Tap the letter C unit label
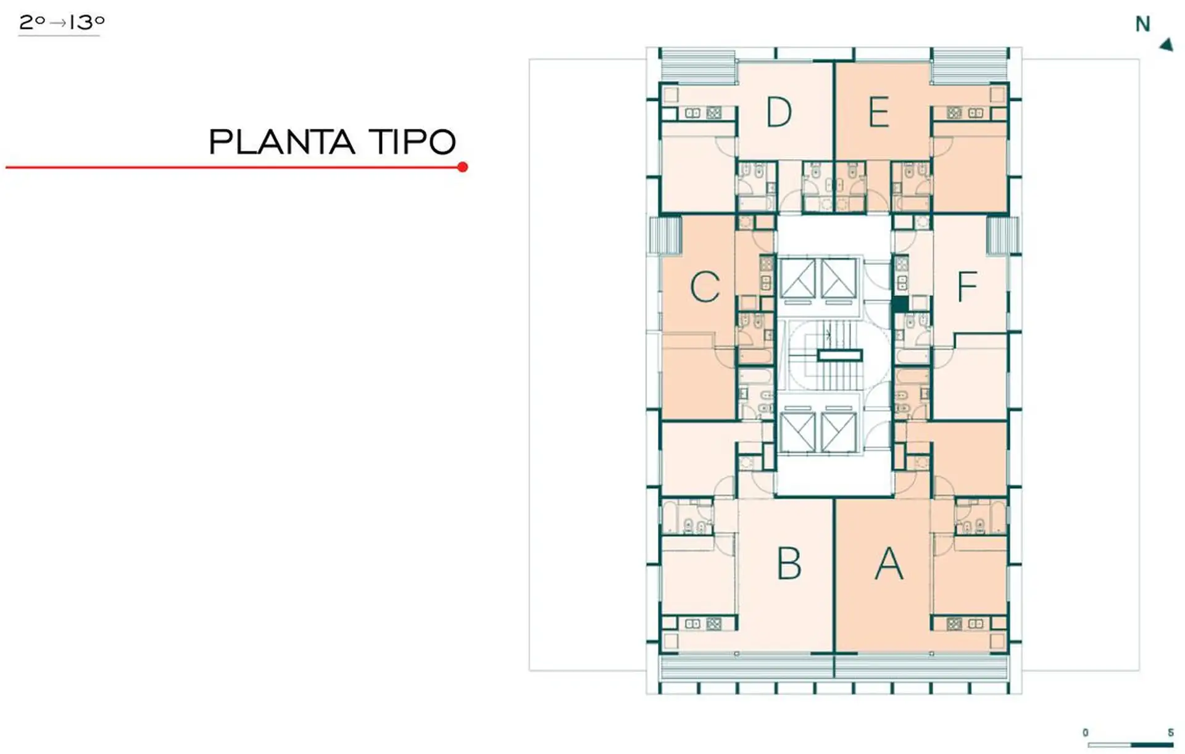[705, 287]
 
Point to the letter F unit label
[967, 287]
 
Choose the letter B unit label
[789, 564]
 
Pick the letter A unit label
[889, 564]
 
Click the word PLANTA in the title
[281, 142]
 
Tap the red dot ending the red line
[462, 167]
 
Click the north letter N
[1142, 24]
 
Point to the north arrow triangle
[1166, 44]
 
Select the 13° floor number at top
[87, 23]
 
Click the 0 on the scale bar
[1085, 733]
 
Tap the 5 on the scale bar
[1170, 733]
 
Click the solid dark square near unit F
[900, 305]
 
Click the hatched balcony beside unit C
[665, 234]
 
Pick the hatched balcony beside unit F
[1002, 235]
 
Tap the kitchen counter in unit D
[698, 113]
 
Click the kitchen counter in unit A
[969, 624]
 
